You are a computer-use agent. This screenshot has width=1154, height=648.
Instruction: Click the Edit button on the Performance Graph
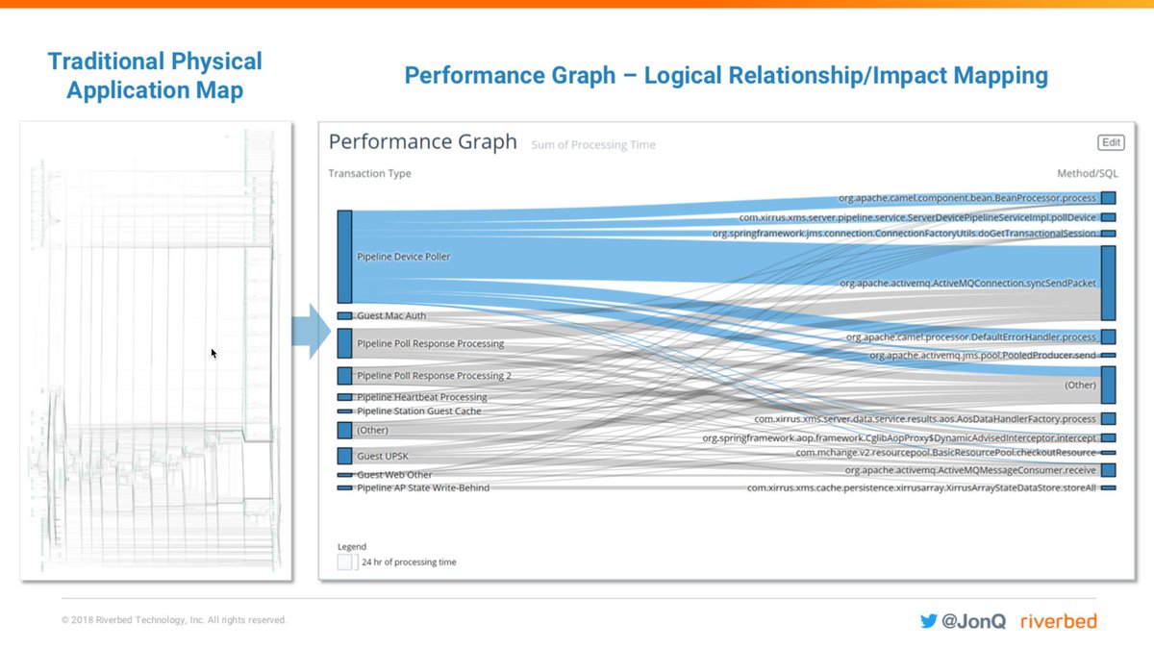(1111, 142)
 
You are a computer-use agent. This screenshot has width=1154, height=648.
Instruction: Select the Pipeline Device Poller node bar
(344, 257)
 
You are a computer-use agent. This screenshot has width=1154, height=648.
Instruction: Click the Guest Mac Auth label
(390, 315)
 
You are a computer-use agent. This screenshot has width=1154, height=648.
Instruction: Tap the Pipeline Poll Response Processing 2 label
(434, 376)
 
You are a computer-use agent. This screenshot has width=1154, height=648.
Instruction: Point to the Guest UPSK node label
(383, 456)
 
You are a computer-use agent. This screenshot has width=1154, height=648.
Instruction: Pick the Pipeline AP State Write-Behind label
(422, 487)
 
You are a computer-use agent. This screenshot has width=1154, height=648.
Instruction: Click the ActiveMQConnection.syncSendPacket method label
(967, 284)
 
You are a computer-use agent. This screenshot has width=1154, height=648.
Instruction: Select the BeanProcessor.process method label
(966, 198)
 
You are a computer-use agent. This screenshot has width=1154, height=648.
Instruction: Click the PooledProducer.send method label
(982, 355)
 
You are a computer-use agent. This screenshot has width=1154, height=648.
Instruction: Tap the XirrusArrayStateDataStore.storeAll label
(921, 487)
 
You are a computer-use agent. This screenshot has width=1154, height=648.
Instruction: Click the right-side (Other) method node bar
(1108, 385)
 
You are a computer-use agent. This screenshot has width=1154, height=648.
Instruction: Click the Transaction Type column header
(369, 174)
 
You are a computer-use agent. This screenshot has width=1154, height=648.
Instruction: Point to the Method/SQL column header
(1087, 174)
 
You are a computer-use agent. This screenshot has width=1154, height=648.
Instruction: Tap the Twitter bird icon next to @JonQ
(928, 621)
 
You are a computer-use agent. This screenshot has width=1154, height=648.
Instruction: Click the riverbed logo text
(1058, 621)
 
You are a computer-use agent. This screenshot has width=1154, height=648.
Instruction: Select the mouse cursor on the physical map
(213, 353)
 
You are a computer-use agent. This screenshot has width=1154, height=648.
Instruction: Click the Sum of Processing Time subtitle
(593, 145)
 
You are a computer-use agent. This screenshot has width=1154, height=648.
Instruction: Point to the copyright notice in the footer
(174, 620)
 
